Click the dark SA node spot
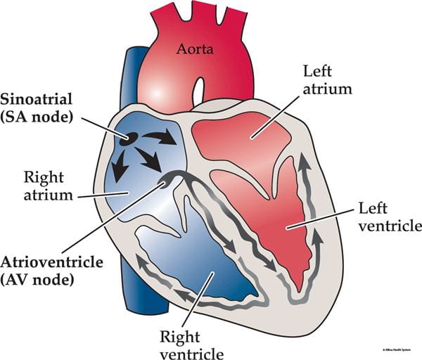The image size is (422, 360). (126, 139)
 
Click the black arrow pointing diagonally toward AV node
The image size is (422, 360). (148, 159)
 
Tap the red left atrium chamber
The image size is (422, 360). (239, 138)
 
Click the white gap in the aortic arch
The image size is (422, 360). (199, 89)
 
